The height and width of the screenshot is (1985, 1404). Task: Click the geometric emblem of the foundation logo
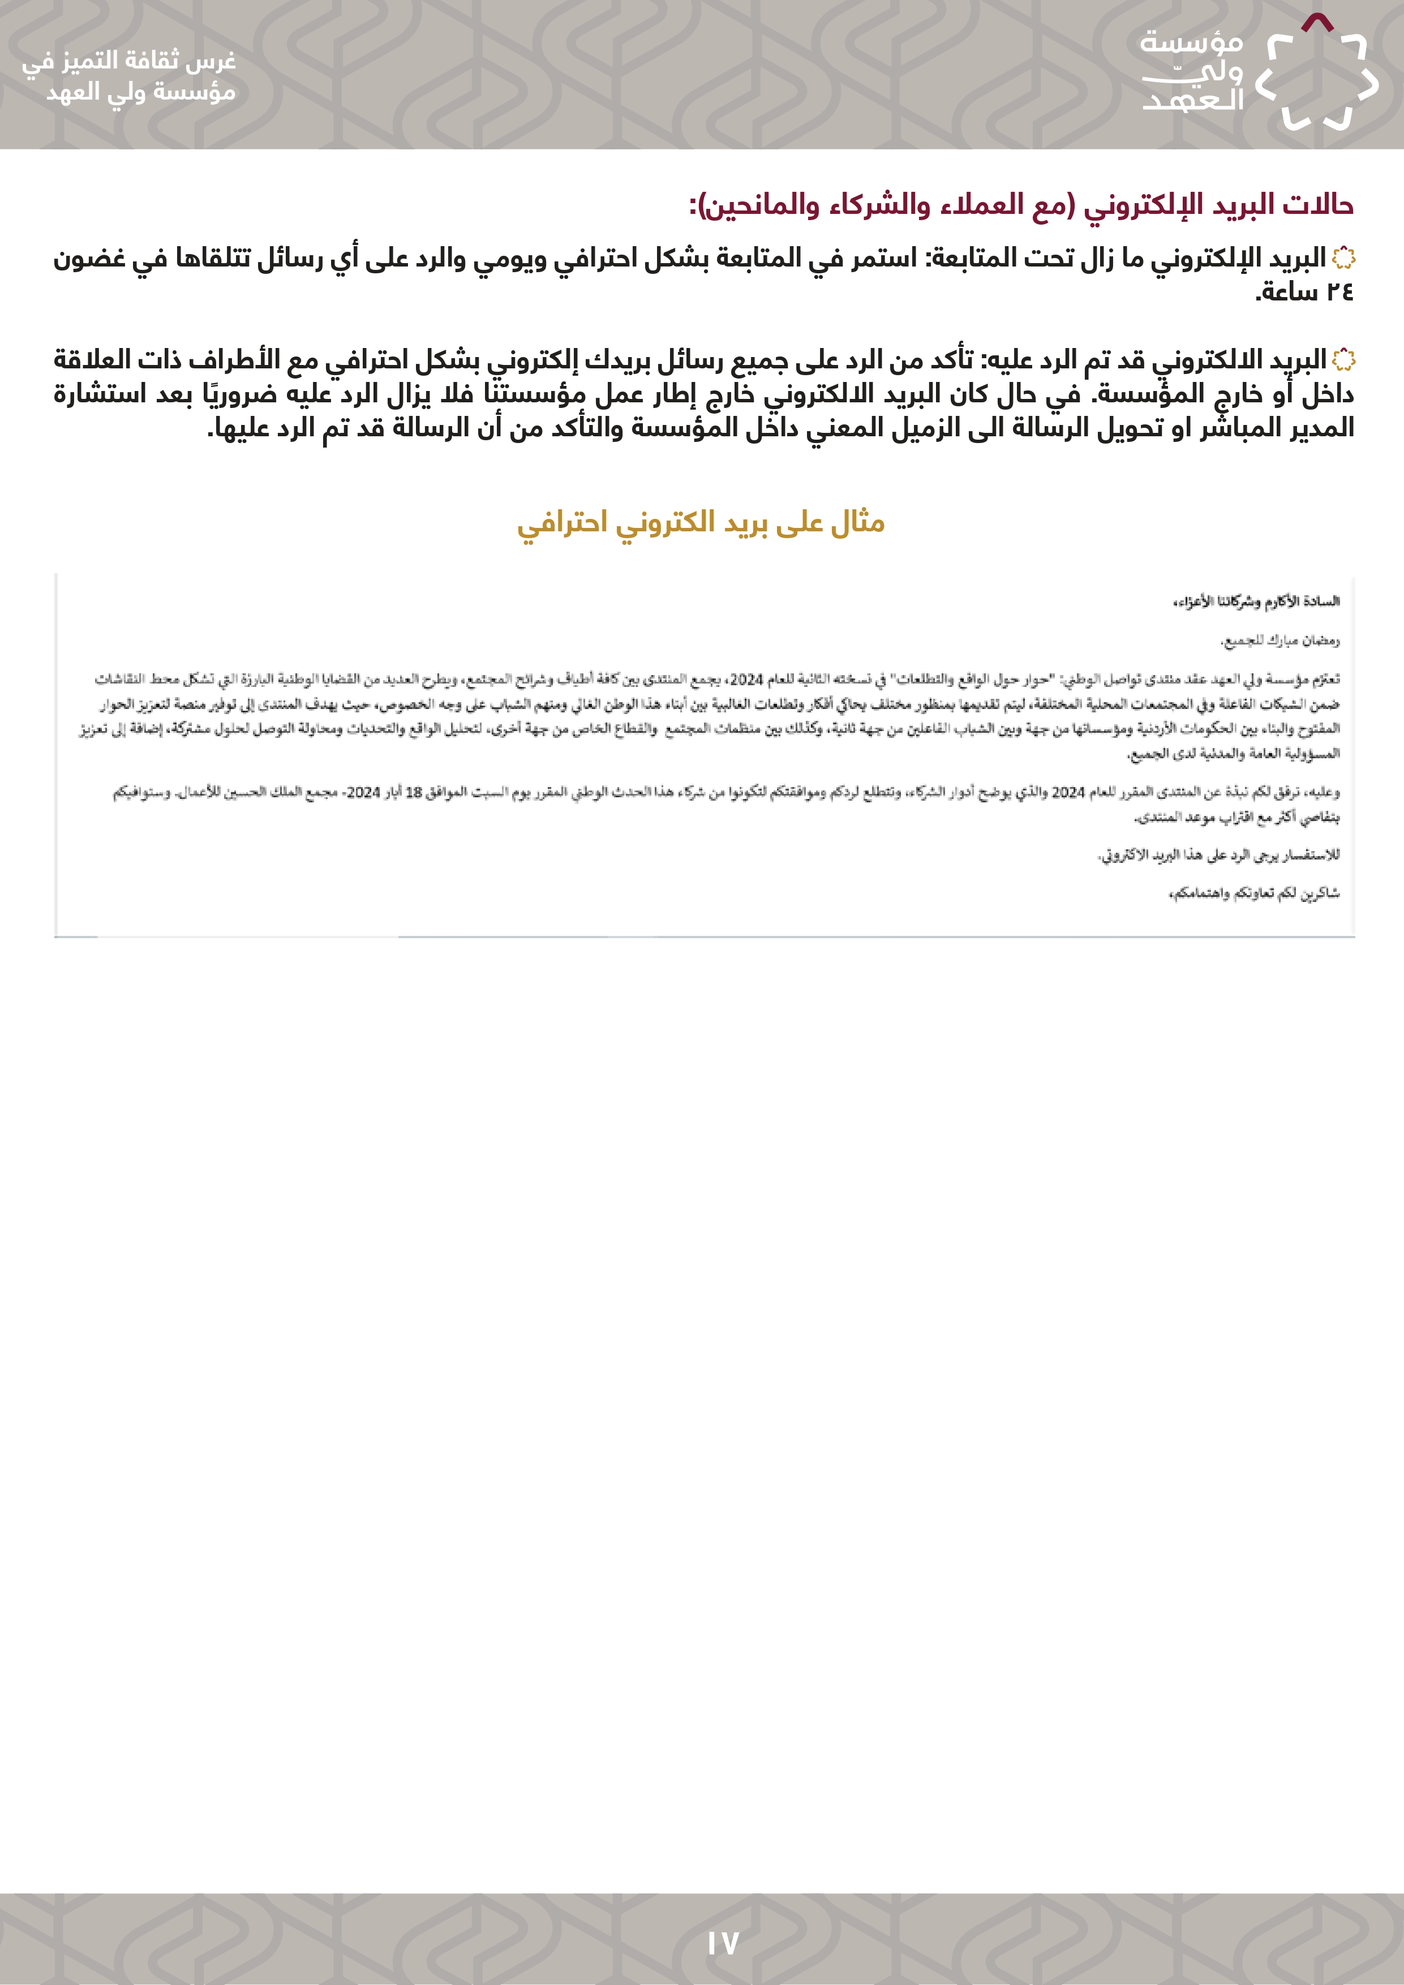1316,74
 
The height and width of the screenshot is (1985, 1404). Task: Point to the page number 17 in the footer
723,1944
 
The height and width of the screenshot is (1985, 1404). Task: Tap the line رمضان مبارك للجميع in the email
1280,641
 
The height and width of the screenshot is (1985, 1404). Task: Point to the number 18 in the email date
414,792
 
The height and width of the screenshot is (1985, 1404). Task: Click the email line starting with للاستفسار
1218,855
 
